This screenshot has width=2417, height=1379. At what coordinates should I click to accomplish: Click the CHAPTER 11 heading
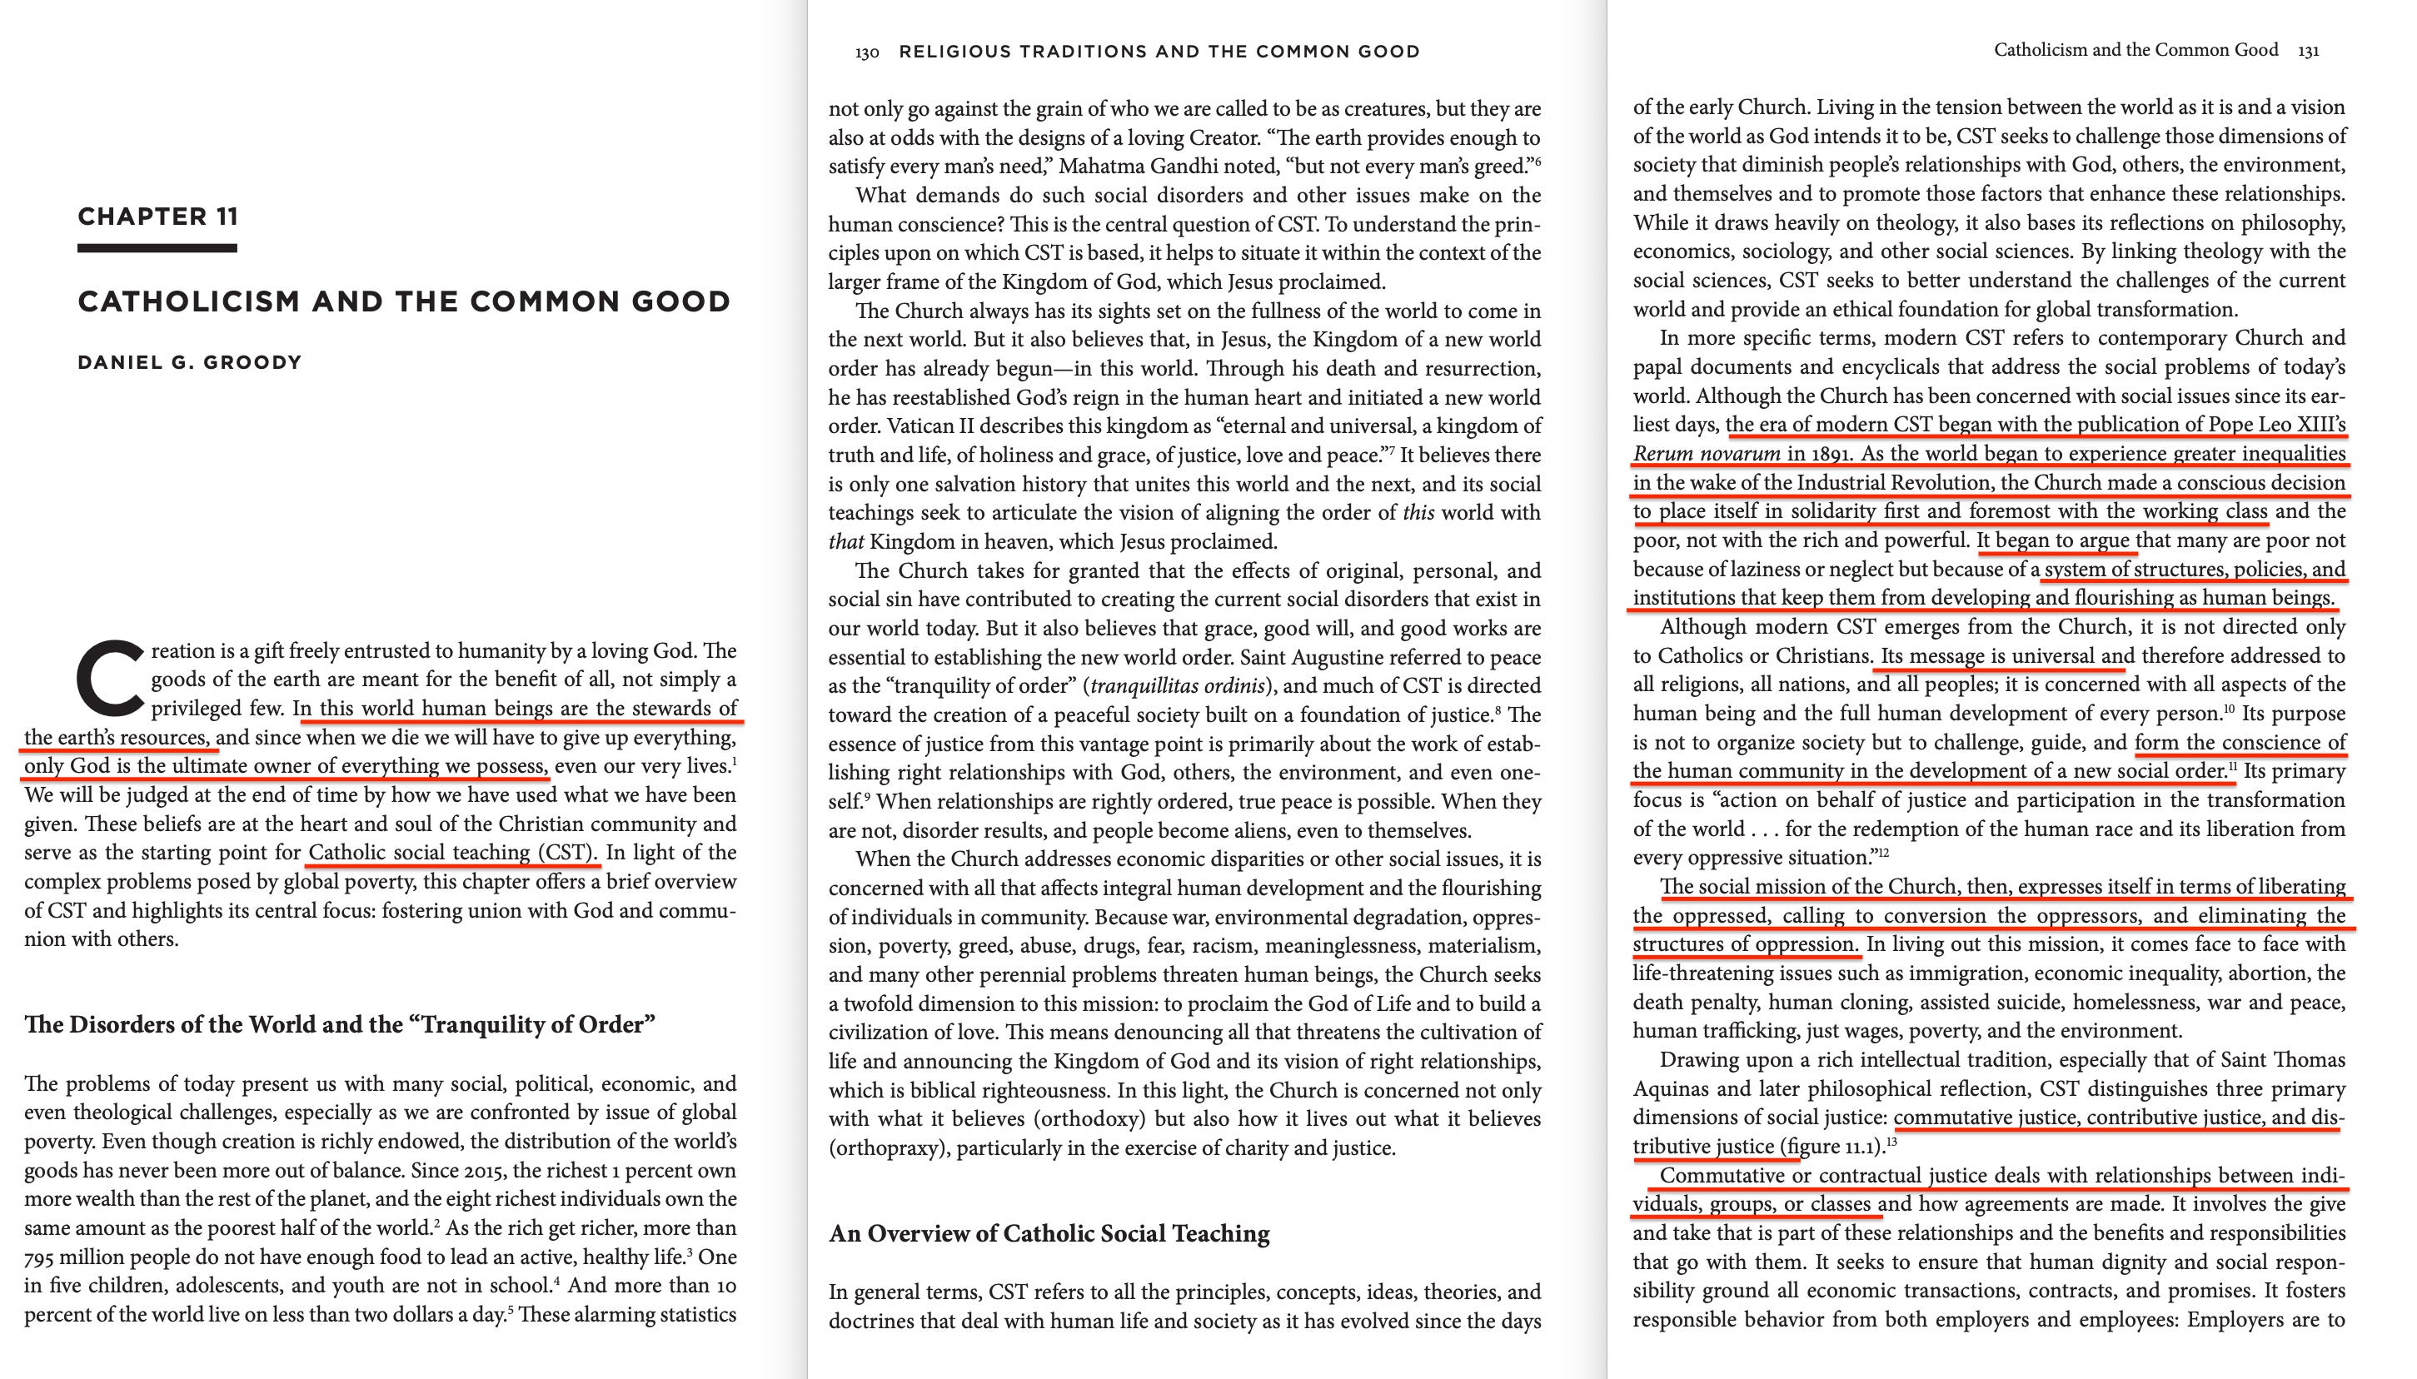coord(157,217)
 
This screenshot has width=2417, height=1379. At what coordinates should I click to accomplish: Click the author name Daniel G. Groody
coord(189,363)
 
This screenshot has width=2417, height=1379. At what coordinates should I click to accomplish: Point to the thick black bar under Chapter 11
coord(157,248)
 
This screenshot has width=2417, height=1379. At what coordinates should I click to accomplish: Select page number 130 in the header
coord(866,53)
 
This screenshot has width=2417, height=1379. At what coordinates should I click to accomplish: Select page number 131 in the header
coord(2308,51)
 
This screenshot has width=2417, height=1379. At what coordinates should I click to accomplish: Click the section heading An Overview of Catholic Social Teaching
coord(1049,1233)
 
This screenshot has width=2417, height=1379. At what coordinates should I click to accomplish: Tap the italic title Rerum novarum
coord(1706,454)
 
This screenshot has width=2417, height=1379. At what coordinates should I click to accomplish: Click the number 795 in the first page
coord(42,1257)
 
